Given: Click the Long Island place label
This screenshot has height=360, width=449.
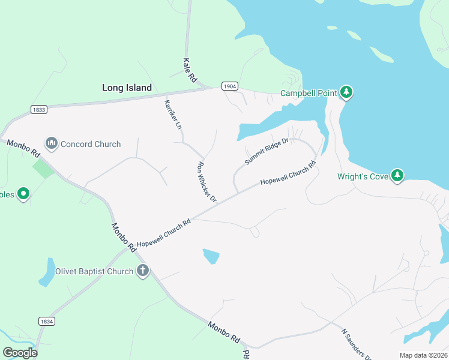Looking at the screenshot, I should click(127, 88).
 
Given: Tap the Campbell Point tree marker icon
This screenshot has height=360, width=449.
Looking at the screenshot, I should click(346, 92).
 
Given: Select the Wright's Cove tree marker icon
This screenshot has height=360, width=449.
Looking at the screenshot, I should click(397, 175).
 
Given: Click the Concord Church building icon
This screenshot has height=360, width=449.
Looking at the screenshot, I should click(51, 144).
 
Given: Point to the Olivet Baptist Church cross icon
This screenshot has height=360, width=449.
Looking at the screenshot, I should click(143, 271).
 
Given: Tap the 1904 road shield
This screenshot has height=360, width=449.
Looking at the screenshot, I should click(229, 86).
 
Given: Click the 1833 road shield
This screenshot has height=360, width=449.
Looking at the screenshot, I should click(39, 109).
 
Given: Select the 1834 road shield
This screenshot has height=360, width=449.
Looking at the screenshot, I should click(46, 322).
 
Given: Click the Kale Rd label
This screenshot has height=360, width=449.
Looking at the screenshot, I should click(190, 70).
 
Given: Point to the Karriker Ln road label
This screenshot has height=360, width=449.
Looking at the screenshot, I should click(172, 114).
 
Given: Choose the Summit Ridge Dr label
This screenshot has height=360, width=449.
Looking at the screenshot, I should click(267, 151).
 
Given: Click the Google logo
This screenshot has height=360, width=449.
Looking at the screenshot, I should click(20, 352).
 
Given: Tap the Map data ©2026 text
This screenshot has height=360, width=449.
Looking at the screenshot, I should click(423, 355).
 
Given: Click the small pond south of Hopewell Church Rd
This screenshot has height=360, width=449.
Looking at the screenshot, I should click(211, 256).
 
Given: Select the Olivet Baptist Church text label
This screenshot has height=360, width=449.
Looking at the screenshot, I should click(94, 271).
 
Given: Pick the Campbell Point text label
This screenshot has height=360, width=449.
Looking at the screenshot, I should click(309, 93).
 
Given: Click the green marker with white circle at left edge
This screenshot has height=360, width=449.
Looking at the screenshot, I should click(23, 194).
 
